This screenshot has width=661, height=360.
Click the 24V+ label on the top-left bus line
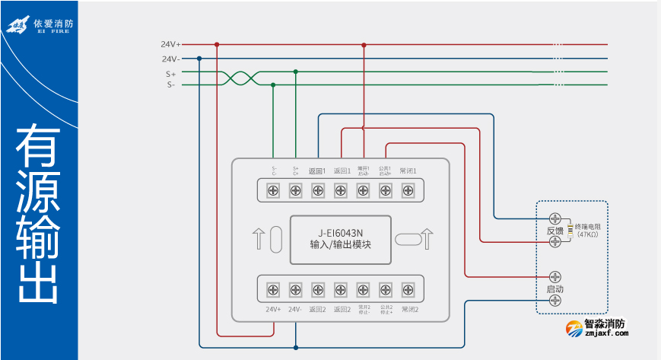point(170,44)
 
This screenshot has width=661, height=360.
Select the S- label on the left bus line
point(170,85)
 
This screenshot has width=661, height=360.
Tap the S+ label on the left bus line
point(170,74)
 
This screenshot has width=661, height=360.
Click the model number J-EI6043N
point(340,233)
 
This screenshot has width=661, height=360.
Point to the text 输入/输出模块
point(340,245)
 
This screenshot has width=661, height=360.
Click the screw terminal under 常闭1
point(408,190)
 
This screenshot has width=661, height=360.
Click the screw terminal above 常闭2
point(408,288)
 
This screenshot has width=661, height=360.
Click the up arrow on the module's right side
point(427,239)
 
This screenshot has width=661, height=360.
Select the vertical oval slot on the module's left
point(275,239)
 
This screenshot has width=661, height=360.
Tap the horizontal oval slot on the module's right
point(408,239)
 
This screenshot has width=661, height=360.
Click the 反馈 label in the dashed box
point(555,230)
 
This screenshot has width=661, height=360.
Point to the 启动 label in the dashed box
point(555,289)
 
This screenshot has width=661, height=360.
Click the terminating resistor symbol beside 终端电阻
point(570,230)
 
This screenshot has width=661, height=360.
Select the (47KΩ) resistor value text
point(587,234)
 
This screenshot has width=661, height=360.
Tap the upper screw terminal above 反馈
point(555,218)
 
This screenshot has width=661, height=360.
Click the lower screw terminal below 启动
point(555,301)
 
